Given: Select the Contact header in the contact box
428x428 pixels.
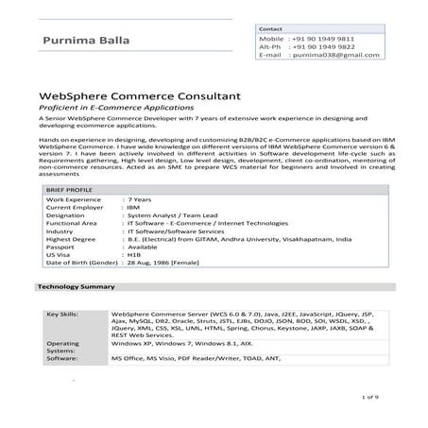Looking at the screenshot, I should [271, 29].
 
